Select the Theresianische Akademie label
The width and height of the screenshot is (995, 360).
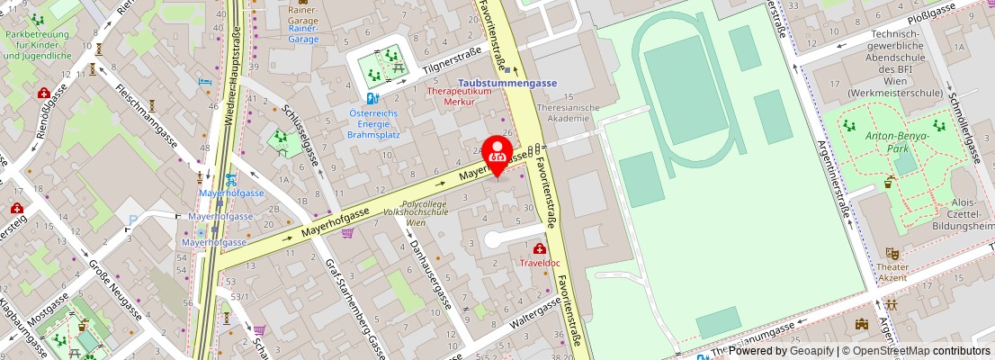pos(567,112)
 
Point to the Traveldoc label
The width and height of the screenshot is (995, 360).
pos(540,263)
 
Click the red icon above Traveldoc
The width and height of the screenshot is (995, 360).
pos(539,249)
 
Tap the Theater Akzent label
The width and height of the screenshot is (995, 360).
pos(892,272)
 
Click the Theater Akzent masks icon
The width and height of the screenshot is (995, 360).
pos(892,254)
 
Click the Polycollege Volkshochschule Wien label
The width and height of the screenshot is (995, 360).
pos(424,213)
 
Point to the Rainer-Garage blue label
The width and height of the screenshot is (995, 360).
pos(303,34)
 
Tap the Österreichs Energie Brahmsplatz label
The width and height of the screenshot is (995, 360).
pos(373,123)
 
